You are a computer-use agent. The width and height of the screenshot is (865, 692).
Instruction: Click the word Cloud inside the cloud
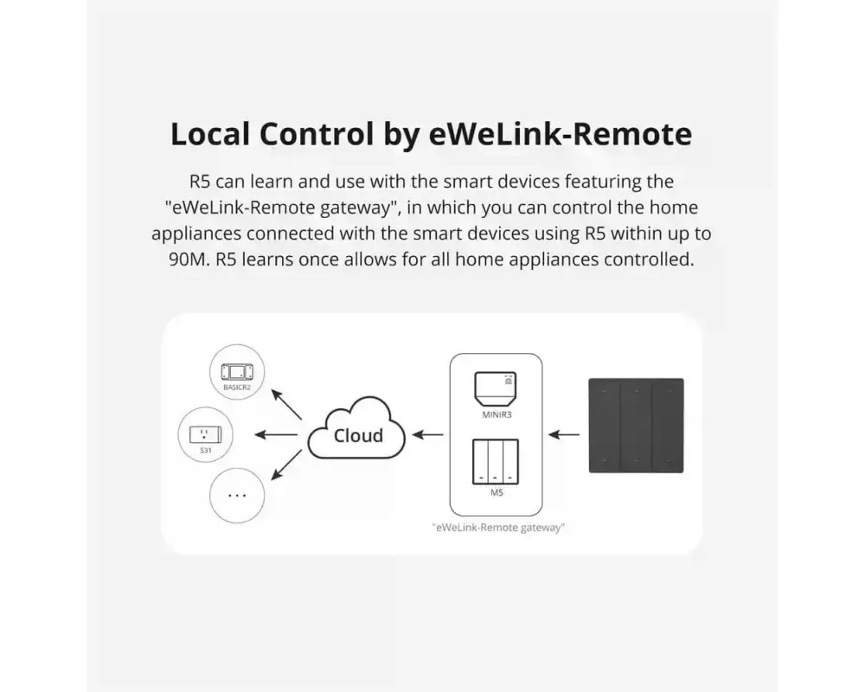[358, 435]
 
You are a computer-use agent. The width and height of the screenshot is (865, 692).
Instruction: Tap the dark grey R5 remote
[636, 426]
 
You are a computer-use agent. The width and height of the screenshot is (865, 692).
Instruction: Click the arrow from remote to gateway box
[565, 434]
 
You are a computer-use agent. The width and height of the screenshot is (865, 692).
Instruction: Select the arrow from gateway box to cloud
[427, 434]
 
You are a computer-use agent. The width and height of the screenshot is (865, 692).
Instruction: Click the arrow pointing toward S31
[278, 434]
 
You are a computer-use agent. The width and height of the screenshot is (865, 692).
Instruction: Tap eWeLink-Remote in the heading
[561, 135]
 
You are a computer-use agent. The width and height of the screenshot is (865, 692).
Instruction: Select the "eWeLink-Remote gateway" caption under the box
[497, 526]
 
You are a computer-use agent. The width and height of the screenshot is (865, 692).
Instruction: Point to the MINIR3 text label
[496, 414]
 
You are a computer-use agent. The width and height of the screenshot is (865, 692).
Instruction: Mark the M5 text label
[496, 493]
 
